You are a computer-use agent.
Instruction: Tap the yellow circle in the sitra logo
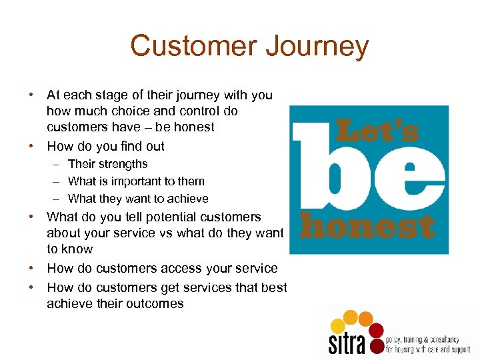(x=338, y=326)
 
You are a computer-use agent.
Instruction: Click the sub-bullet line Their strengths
(x=108, y=164)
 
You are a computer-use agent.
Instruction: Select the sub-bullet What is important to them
(x=136, y=181)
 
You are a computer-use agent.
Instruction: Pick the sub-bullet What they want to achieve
(x=138, y=199)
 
